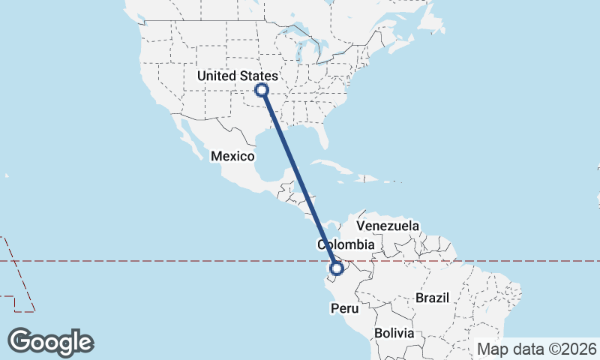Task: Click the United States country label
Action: click(238, 76)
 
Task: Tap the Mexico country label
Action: click(232, 156)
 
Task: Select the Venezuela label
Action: click(388, 226)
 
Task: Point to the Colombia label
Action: click(346, 245)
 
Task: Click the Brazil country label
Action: click(432, 298)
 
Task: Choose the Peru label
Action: click(346, 308)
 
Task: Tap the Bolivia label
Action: click(394, 332)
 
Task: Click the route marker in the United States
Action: click(262, 90)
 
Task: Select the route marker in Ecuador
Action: click(337, 268)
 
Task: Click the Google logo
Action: click(51, 341)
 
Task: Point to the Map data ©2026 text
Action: click(537, 349)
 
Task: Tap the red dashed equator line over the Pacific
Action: click(150, 261)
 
